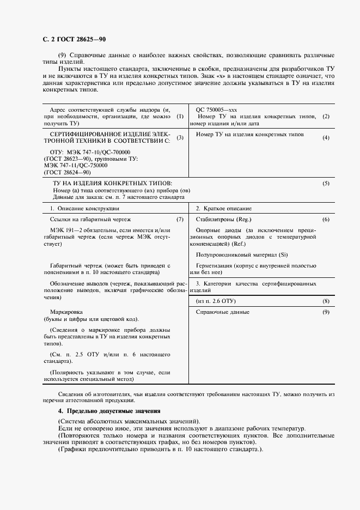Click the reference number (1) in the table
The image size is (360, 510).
pyautogui.click(x=180, y=116)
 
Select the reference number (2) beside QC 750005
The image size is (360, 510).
pyautogui.click(x=326, y=117)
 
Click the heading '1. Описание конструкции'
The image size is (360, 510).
pyautogui.click(x=84, y=208)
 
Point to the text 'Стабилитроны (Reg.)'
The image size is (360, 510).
pyautogui.click(x=222, y=219)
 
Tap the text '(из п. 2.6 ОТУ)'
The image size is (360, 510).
pyautogui.click(x=216, y=301)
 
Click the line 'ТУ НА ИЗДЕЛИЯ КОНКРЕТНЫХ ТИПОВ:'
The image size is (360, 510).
pyautogui.click(x=112, y=184)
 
